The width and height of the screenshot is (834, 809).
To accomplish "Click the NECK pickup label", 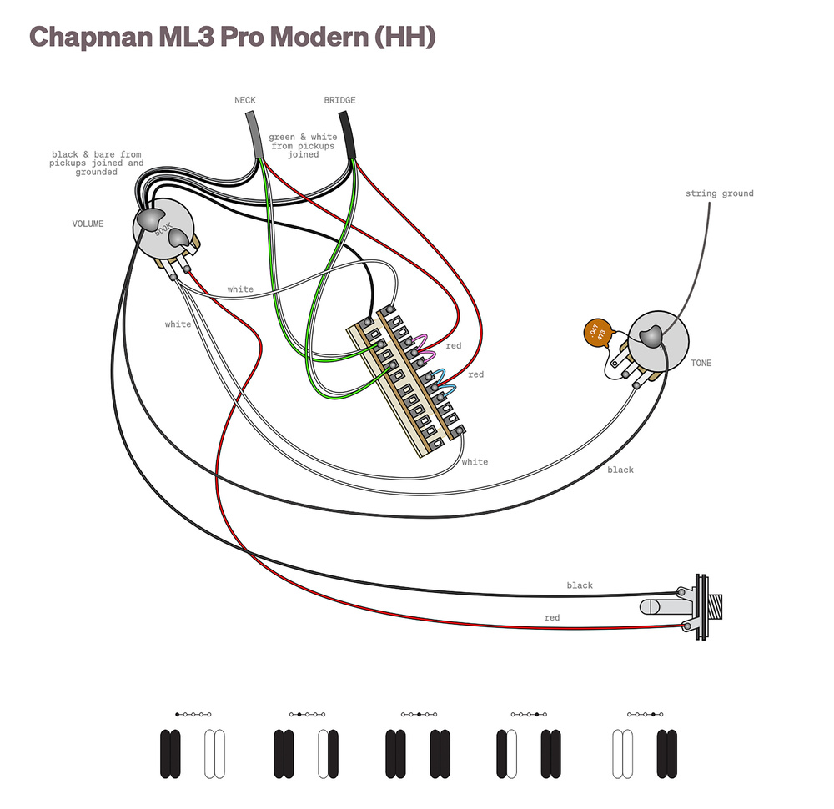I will click(245, 101).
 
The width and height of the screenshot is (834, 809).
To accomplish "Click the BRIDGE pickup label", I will click(339, 101).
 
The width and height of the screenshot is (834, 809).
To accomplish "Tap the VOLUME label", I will click(88, 224).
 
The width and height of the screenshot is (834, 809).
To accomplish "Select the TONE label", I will click(701, 364).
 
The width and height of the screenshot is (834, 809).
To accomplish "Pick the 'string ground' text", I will click(719, 193).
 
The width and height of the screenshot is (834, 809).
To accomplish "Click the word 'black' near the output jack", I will click(580, 585).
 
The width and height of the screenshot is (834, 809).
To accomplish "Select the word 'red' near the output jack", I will click(551, 618).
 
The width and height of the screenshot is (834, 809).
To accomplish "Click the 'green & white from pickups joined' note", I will click(303, 145).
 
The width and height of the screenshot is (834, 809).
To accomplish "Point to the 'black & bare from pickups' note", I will click(97, 163).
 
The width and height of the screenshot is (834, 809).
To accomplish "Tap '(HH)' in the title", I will click(405, 38).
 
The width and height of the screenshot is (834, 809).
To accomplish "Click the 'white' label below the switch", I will click(475, 462).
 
